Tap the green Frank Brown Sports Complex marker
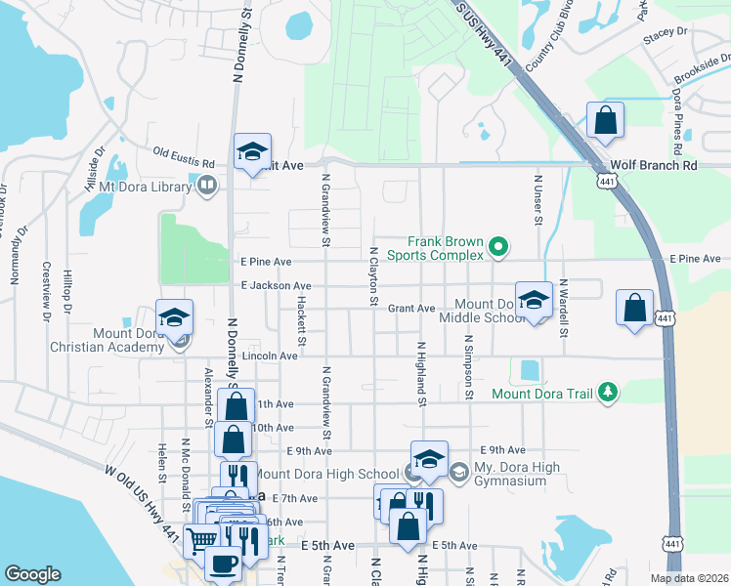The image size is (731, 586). [498, 247]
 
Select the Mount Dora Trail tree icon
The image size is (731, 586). [609, 393]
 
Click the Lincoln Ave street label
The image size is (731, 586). [270, 356]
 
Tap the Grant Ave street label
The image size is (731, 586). [411, 309]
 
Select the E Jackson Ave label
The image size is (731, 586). [276, 285]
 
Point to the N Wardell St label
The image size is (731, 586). [564, 308]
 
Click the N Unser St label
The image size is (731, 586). [537, 200]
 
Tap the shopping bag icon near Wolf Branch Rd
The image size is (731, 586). [606, 121]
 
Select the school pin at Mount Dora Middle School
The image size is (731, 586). [534, 301]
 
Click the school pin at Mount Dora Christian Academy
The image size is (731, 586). [175, 317]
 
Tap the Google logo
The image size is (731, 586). [32, 574]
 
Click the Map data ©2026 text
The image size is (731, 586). [689, 578]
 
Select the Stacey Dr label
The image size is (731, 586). [666, 37]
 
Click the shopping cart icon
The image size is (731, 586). [201, 540]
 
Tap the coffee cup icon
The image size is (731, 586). [224, 565]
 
